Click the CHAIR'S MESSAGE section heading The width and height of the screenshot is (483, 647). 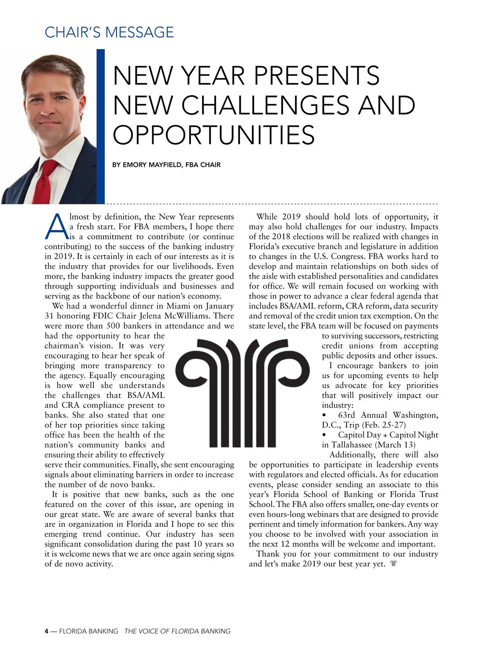(109, 32)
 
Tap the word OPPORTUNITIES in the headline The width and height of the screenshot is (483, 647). (214, 135)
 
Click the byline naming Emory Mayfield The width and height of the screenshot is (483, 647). (166, 165)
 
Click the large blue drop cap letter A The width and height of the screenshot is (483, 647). (56, 227)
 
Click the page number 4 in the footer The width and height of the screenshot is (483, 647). (47, 631)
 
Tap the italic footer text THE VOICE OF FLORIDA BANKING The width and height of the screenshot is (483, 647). (177, 631)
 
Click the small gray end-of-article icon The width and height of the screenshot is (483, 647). (394, 564)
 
